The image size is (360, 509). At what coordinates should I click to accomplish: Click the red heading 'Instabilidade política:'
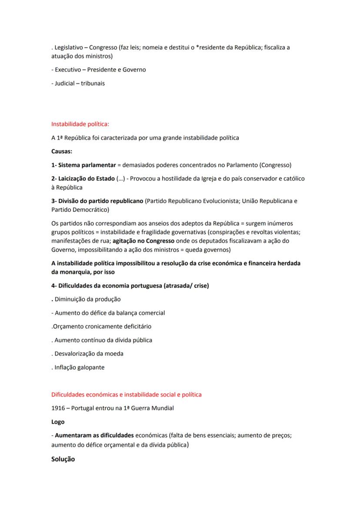[80, 124]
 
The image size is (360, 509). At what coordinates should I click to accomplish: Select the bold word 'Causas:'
[62, 151]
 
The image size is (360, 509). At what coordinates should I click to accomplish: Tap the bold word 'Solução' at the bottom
[63, 459]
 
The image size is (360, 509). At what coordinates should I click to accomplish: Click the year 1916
[58, 408]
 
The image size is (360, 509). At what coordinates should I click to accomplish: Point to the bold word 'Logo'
[58, 422]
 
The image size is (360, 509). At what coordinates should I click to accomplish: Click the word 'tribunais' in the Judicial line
[93, 83]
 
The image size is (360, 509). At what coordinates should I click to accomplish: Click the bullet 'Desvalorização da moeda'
[89, 354]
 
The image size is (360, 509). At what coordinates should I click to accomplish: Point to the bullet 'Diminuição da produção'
[87, 299]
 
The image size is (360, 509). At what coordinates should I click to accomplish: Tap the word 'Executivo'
[68, 70]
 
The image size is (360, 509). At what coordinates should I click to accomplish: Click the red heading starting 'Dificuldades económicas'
[127, 395]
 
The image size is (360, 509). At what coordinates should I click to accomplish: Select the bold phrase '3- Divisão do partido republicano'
[97, 201]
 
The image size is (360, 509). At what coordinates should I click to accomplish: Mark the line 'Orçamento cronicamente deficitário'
[102, 326]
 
